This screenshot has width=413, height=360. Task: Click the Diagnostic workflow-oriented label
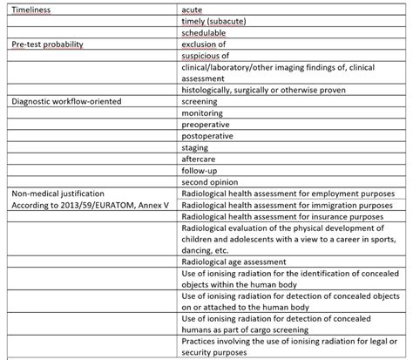pos(61,102)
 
